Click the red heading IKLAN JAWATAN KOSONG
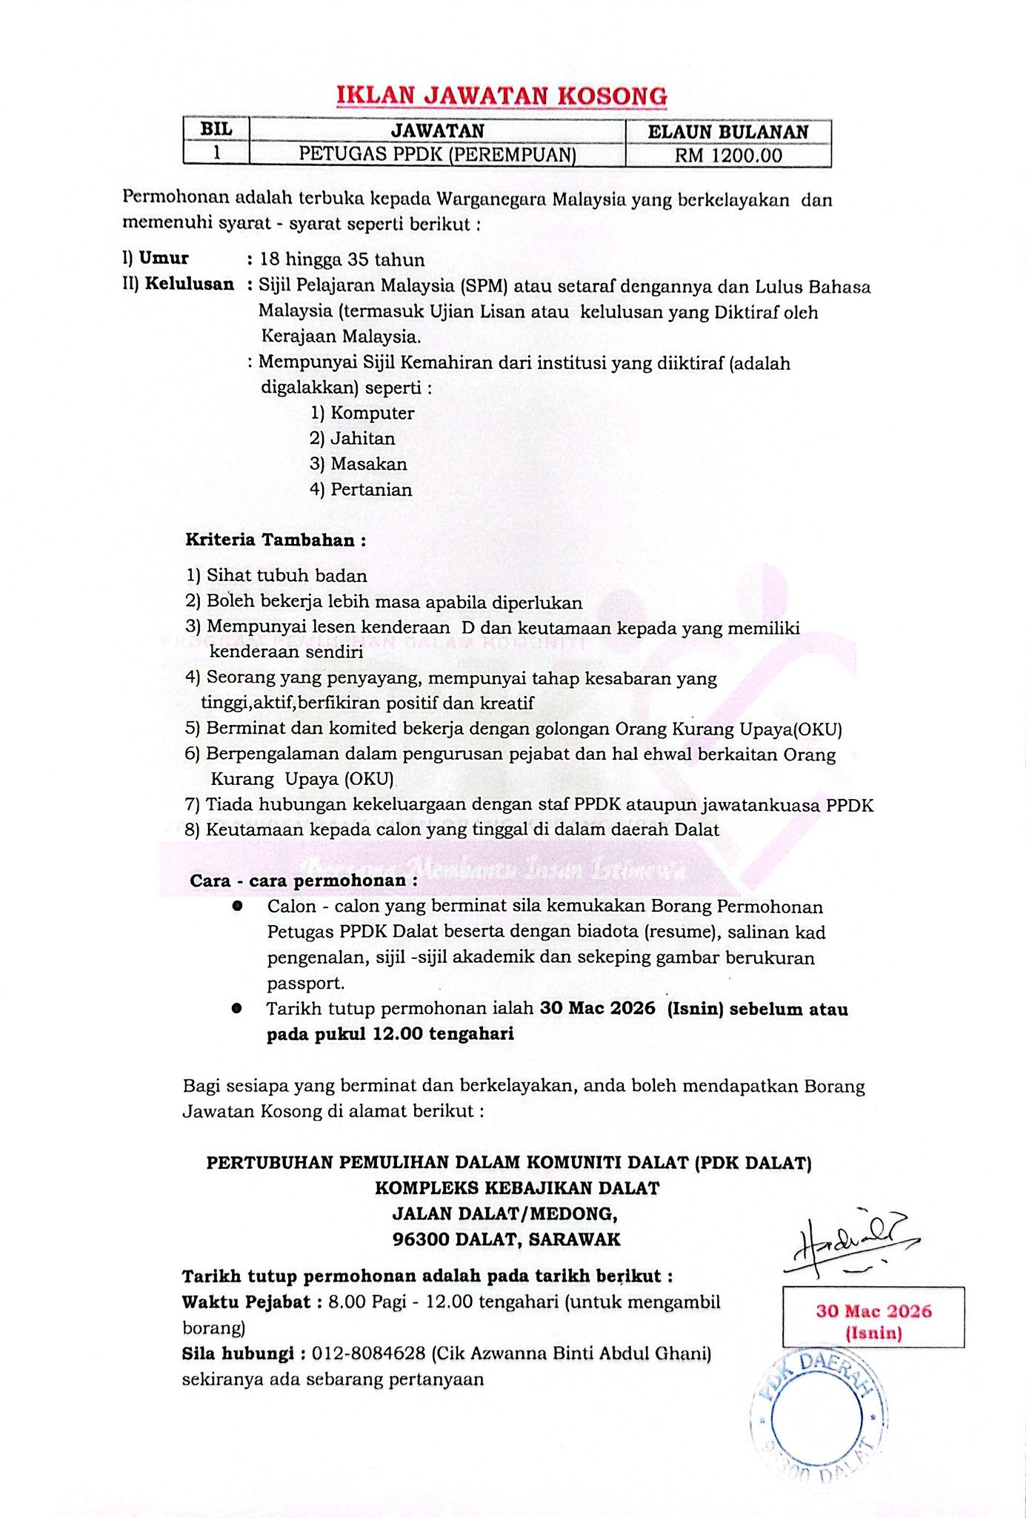tap(502, 96)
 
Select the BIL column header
tap(216, 130)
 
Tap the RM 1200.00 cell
tap(728, 156)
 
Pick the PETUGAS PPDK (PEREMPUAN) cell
tap(437, 155)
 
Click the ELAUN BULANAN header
tap(728, 132)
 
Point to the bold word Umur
tap(164, 258)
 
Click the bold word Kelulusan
tap(189, 284)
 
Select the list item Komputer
tap(372, 413)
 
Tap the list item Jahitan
tap(362, 439)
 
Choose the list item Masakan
tap(368, 464)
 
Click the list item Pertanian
tap(371, 490)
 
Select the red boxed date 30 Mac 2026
tap(873, 1320)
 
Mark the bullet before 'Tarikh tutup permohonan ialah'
tap(236, 1008)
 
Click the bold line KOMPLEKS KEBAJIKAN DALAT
tap(516, 1188)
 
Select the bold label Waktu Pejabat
tap(246, 1302)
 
